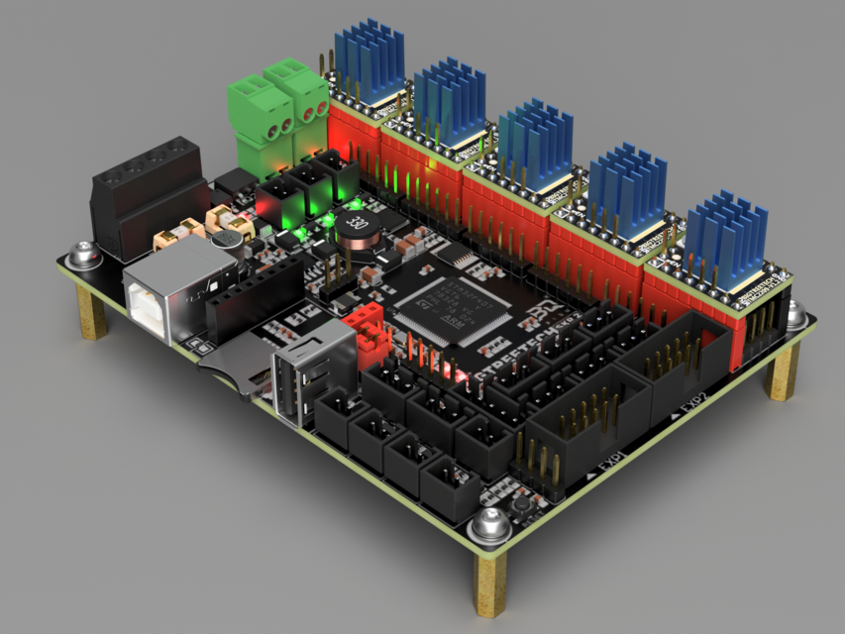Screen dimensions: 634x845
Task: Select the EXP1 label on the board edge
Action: point(605,474)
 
